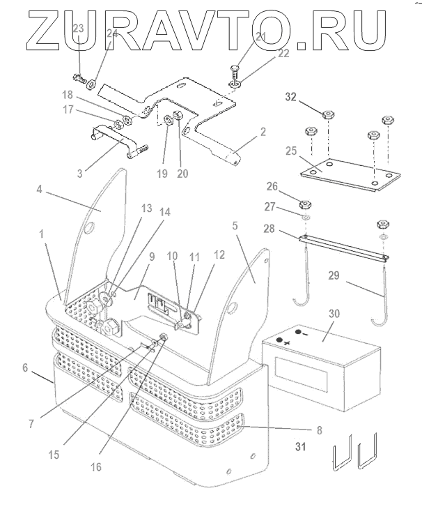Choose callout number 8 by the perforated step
coord(320,430)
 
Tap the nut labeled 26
coord(304,205)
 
